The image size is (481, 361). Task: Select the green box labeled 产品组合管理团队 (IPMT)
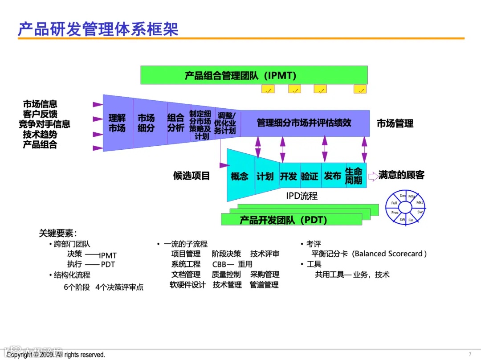coord(254,75)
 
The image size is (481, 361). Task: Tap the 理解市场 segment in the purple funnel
coord(117,123)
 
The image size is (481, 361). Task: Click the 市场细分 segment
coord(146,123)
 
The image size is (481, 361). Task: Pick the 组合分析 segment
coord(176,123)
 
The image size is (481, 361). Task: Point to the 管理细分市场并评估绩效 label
coord(304,123)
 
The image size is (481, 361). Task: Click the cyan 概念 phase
coord(240,176)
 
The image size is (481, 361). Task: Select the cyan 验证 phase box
coord(310,176)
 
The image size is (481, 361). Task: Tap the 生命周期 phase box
coord(354,176)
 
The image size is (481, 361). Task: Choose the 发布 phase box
coord(333,176)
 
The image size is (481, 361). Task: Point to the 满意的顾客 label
coord(401,175)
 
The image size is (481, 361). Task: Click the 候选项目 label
coord(192,176)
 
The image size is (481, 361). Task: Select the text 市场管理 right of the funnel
coord(395,123)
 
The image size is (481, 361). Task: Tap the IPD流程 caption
coord(302,196)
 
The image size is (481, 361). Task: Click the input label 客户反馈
coord(40,114)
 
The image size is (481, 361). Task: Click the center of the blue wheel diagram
coord(405,208)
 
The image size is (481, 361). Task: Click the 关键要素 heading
coord(57,233)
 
